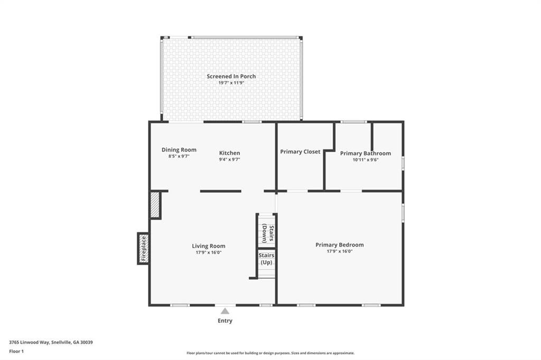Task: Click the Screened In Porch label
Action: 231,77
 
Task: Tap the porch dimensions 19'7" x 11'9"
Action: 231,83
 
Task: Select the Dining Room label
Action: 179,150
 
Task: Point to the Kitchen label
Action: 229,153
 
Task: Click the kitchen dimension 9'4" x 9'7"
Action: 229,159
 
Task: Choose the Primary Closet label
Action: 300,152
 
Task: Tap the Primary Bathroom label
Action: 365,154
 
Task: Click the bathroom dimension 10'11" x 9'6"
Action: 365,160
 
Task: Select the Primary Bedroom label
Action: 339,245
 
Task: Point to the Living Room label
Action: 208,246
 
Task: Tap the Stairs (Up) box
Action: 266,259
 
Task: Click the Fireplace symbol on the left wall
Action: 143,248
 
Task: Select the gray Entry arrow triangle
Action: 225,311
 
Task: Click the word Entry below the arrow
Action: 225,321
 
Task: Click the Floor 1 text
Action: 16,351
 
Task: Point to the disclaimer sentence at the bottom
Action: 270,353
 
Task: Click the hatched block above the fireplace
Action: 155,205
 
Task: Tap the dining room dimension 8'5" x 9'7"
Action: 179,156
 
